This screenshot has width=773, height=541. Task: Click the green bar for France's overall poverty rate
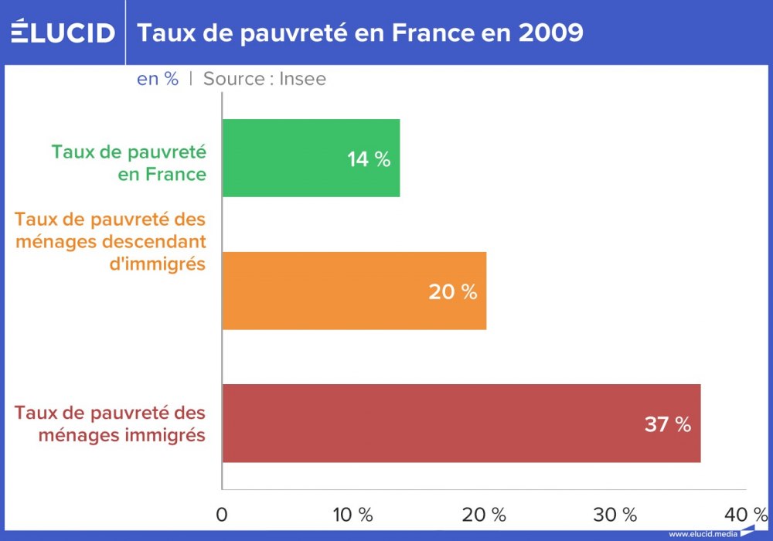(309, 158)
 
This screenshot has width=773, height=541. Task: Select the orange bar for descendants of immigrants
(353, 291)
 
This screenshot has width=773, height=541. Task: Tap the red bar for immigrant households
(461, 424)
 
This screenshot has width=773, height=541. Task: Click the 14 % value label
(369, 159)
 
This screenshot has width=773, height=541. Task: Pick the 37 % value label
(667, 424)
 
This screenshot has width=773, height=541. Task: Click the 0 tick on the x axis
(223, 515)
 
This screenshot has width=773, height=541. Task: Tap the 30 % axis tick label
(616, 515)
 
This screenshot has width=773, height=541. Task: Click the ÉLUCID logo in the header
(63, 33)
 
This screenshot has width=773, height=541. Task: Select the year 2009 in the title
(549, 33)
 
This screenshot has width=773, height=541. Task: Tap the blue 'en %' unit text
(158, 79)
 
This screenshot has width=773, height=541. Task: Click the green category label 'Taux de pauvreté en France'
(129, 162)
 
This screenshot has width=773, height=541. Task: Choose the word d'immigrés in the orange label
(157, 264)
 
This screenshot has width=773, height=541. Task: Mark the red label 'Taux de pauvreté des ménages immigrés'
(111, 424)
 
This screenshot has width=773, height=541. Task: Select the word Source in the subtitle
(233, 79)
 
